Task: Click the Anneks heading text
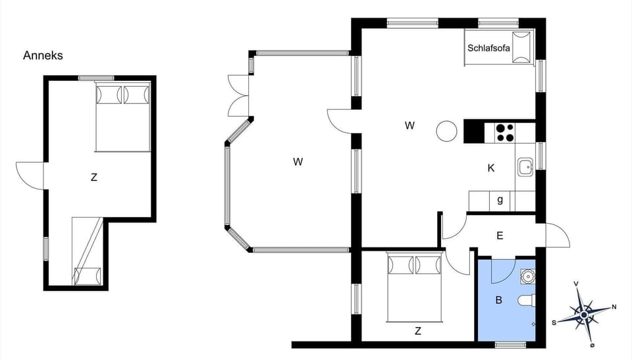(x=43, y=56)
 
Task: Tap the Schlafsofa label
(x=488, y=48)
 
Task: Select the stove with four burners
(x=505, y=132)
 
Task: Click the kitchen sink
(x=525, y=167)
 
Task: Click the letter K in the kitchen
(x=490, y=168)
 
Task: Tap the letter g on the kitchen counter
(x=500, y=200)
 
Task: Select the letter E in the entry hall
(x=500, y=235)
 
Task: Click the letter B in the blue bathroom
(x=498, y=300)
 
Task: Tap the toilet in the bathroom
(x=527, y=301)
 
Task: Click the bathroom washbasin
(x=526, y=274)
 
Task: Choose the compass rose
(x=584, y=314)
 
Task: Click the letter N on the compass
(x=614, y=307)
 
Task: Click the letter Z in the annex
(x=94, y=177)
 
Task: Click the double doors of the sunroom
(x=238, y=97)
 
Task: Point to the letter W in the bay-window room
(x=298, y=161)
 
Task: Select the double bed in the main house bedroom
(x=413, y=288)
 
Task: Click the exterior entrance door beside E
(x=557, y=236)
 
